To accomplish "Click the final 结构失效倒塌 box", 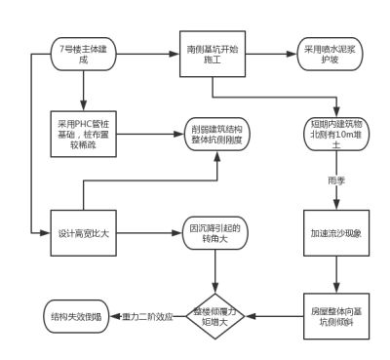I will [71, 316].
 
